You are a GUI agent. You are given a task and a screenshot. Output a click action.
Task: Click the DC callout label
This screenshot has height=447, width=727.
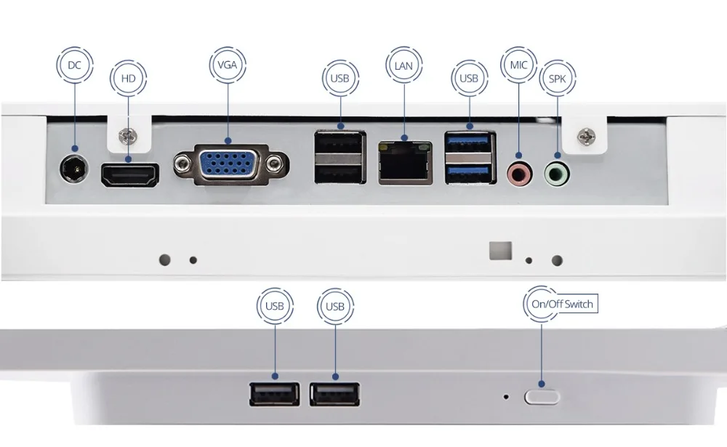[x=74, y=65]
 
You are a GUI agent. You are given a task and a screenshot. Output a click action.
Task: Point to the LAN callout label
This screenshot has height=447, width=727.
[x=404, y=65]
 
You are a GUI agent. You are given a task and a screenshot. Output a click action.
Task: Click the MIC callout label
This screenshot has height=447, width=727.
[x=518, y=65]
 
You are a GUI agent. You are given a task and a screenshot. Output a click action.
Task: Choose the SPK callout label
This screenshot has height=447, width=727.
[x=557, y=78]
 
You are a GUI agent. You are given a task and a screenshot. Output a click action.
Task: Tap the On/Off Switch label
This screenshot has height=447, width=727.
[x=561, y=305]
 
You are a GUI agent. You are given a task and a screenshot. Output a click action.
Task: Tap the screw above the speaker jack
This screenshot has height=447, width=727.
[x=585, y=136]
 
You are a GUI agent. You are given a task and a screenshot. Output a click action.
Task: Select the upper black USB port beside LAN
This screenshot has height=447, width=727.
[x=340, y=144]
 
